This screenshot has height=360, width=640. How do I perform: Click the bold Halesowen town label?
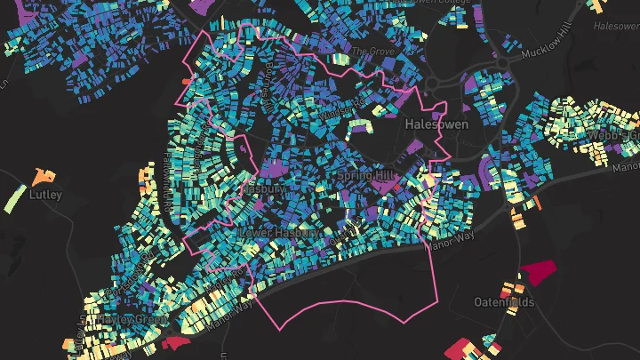coord(436,124)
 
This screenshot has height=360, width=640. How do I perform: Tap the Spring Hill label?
coord(364,176)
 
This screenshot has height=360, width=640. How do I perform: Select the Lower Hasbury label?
coord(280,232)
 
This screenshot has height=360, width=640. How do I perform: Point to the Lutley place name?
coord(45,194)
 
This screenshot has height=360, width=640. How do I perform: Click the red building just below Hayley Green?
coord(176,342)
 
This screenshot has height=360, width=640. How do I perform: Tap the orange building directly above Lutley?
coord(41,175)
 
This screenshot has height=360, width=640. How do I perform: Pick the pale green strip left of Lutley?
coord(14,197)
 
